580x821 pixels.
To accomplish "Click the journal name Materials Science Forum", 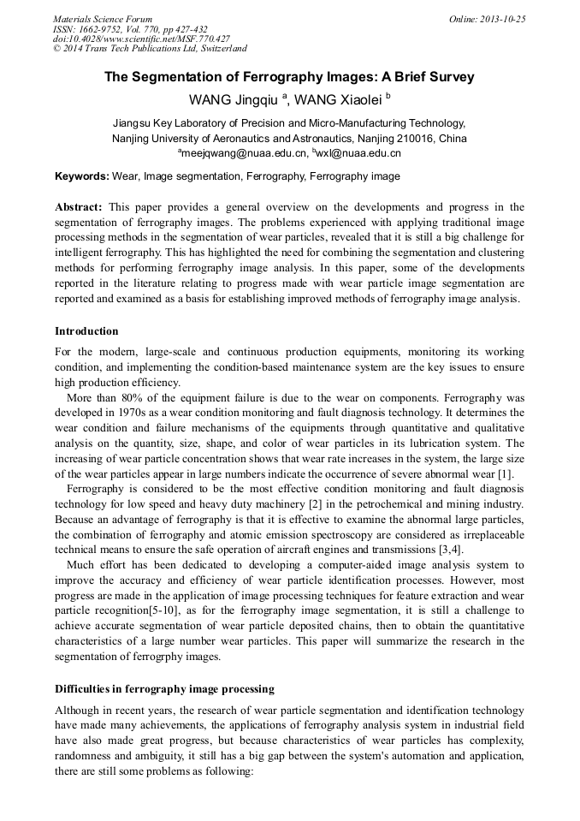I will click(103, 19).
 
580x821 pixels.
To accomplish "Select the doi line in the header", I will click(141, 39).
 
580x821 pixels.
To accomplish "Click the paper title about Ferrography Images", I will click(289, 77).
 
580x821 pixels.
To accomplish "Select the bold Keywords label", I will click(82, 176).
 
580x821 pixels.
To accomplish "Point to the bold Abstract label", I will click(79, 207).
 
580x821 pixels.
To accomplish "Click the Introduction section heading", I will click(86, 331).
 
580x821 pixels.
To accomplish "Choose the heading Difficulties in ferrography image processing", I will click(164, 688).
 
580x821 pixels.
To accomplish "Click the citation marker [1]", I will click(505, 473).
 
